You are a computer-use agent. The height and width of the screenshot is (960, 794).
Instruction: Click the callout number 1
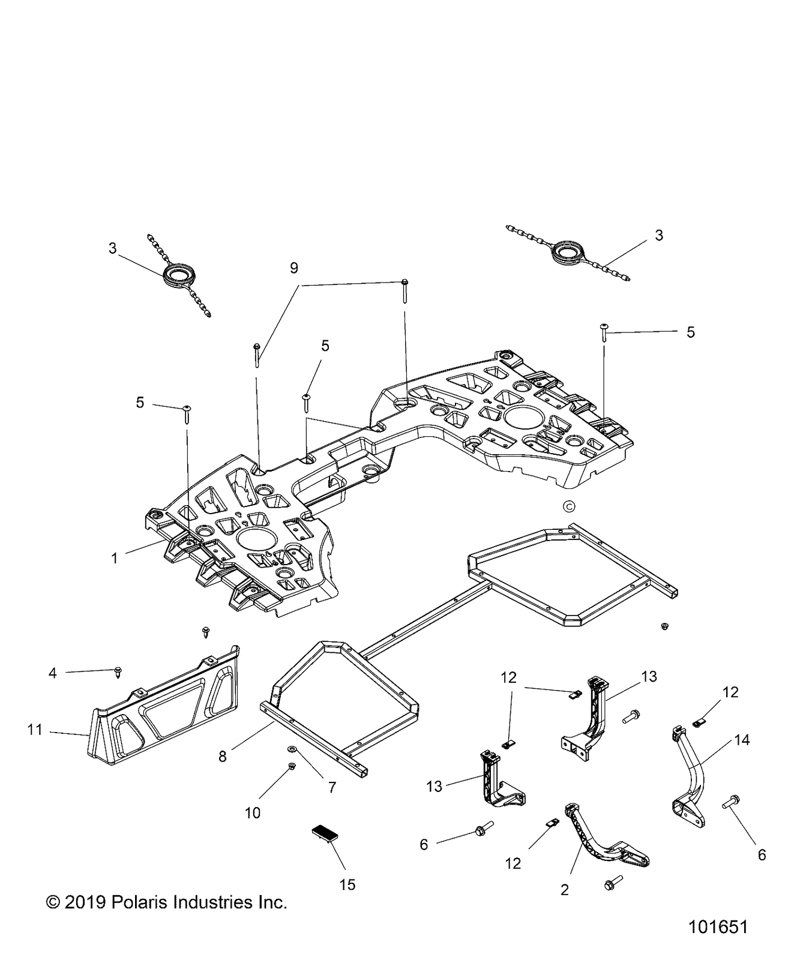[115, 558]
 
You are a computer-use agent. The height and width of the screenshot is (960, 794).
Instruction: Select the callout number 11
[35, 730]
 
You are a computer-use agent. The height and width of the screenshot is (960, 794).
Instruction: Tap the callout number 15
[347, 884]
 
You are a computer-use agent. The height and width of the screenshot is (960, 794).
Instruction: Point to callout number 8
[223, 757]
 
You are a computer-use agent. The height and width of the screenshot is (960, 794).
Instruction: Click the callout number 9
[294, 268]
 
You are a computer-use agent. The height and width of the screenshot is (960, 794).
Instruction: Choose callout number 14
[742, 740]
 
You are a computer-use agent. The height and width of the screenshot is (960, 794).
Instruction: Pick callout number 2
[564, 890]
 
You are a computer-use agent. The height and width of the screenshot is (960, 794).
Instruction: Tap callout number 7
[332, 787]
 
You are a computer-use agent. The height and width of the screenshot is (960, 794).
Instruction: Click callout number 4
[53, 673]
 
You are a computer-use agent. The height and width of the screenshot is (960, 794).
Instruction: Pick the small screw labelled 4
[118, 673]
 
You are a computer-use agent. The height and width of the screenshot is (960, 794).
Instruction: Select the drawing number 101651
[718, 926]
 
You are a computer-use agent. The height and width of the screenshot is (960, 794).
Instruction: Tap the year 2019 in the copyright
[85, 902]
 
